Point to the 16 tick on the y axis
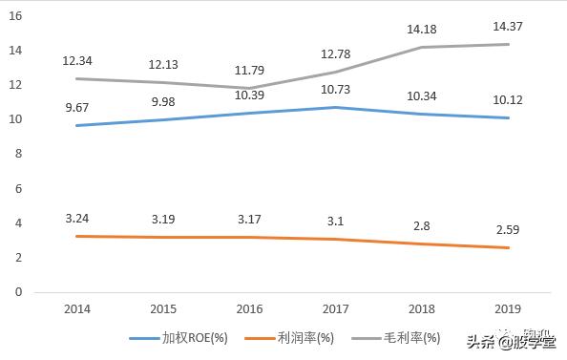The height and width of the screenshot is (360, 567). pyautogui.click(x=17, y=15)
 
